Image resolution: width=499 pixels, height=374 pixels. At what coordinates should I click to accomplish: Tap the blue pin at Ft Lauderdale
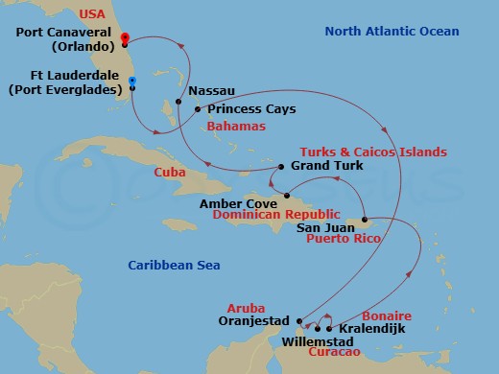[x=131, y=82]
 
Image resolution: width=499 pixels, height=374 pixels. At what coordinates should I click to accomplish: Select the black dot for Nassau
[x=179, y=101]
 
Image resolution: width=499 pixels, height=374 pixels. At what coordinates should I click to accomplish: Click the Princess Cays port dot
[x=198, y=109]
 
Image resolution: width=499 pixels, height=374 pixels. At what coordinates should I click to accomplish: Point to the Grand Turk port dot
[x=279, y=167]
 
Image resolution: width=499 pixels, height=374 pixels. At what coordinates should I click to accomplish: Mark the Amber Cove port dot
[x=285, y=197]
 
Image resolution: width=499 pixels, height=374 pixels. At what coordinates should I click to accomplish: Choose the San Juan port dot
[x=365, y=219]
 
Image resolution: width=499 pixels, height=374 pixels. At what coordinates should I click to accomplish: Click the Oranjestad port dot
[x=299, y=321]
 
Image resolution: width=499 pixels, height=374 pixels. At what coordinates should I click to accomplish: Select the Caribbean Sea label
[x=165, y=265]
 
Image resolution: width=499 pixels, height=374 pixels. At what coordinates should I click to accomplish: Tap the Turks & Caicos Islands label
[x=373, y=152]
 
